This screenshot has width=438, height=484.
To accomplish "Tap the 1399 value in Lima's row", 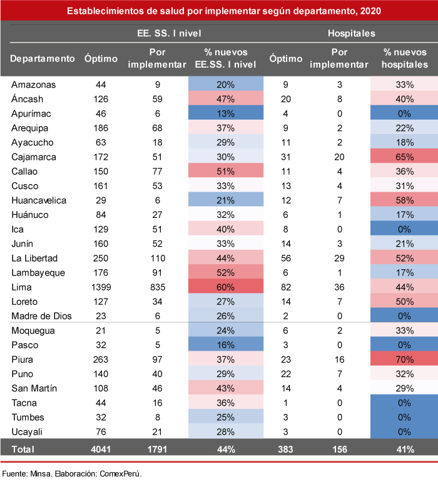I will [x=101, y=286].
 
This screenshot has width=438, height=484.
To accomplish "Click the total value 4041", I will [x=101, y=448].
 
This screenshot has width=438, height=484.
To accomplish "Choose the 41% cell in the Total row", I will [x=405, y=448].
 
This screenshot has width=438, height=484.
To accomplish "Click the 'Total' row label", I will [x=23, y=448].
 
